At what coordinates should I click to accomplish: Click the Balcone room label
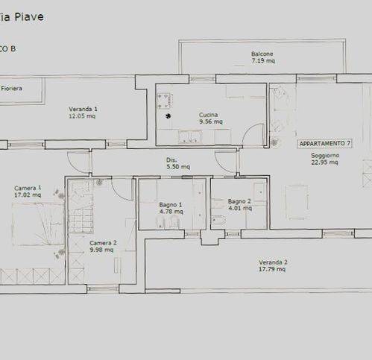pos(262,54)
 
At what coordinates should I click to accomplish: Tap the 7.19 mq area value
pos(263,60)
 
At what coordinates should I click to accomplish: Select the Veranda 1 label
pos(83,109)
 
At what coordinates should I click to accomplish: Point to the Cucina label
pos(209,115)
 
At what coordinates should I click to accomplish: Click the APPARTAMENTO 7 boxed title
pos(325,144)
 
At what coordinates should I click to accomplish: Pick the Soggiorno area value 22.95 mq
pos(324,162)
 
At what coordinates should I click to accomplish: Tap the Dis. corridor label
pos(171,160)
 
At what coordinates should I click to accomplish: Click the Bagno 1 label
pos(171,205)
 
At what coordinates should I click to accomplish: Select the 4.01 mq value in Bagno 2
pos(240,208)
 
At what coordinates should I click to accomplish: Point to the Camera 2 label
pos(103,243)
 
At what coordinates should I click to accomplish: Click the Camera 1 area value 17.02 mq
pos(28,195)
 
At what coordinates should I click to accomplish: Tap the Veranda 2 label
pos(273,262)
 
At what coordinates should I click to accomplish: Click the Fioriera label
pos(11,88)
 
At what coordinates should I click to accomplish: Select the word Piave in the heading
pos(29,17)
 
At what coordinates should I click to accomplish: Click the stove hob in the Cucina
pos(165,101)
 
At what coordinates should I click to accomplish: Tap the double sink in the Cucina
pos(190,137)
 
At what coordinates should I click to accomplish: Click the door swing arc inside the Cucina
pos(250,130)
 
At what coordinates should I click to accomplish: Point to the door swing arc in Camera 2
pos(119,192)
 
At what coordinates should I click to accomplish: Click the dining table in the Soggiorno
pos(297,202)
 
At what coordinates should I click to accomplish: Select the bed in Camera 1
pos(38,224)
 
